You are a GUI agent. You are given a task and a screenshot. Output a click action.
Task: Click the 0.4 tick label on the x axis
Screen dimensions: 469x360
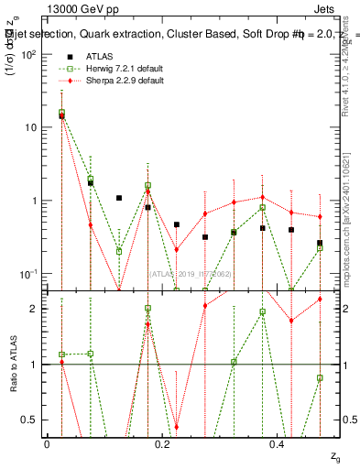point(278,442)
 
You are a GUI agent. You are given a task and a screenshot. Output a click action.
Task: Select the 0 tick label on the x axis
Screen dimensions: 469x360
point(47,442)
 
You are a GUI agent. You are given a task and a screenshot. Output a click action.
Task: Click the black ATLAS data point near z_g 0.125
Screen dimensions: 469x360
point(119,198)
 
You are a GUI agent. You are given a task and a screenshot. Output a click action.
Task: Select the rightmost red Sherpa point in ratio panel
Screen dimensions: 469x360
point(320,299)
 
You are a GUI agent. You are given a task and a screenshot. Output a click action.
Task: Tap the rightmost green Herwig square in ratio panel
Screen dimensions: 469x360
point(320,377)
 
